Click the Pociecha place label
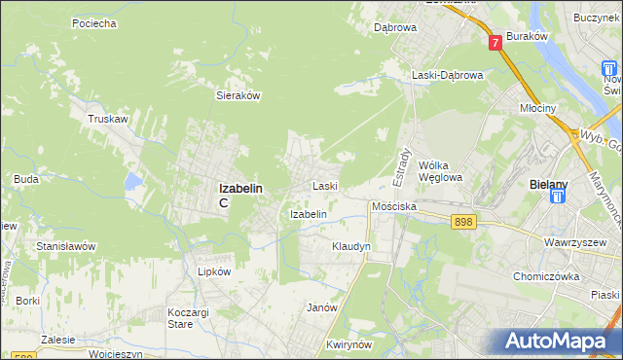point(94,22)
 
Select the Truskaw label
point(108,119)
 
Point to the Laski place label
point(324,185)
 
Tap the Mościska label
point(394,207)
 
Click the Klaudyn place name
point(351,247)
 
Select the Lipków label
point(214,272)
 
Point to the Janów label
point(321,307)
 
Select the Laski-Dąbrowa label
point(446,75)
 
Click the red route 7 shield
point(495,43)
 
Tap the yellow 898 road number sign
point(464,223)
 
